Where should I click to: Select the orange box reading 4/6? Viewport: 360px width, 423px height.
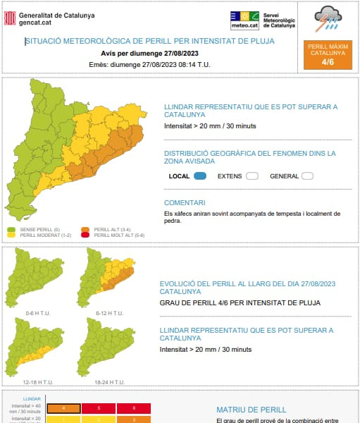[328, 56]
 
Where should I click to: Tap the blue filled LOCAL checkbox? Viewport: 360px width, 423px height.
[199, 176]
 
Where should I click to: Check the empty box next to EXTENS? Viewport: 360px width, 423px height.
[252, 176]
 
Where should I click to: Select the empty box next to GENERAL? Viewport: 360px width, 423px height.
[307, 176]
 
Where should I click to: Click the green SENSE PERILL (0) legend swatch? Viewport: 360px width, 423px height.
[11, 229]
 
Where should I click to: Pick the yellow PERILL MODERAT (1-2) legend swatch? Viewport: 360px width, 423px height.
[11, 235]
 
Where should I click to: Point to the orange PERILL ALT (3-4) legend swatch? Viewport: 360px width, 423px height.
[85, 229]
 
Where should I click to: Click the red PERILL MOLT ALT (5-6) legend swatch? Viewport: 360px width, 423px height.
[85, 235]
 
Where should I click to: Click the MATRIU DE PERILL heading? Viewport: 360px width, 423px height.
[252, 409]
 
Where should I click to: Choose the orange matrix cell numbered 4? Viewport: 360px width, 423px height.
[63, 407]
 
